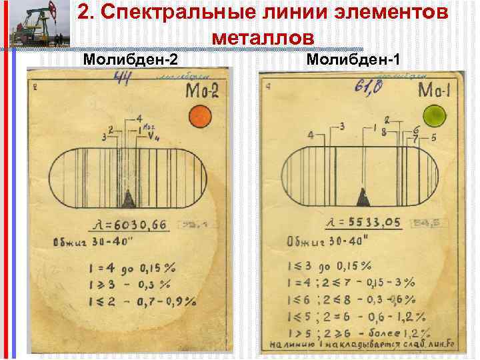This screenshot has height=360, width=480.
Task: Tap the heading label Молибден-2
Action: pos(130,61)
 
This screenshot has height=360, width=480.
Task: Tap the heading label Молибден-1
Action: pos(354,61)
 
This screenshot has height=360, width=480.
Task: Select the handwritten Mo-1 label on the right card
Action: pos(435,90)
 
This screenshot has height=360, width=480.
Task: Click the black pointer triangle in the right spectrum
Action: pos(363,197)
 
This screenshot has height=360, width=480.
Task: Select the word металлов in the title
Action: pos(262,37)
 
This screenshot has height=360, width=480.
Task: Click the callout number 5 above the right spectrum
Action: pos(433,138)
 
